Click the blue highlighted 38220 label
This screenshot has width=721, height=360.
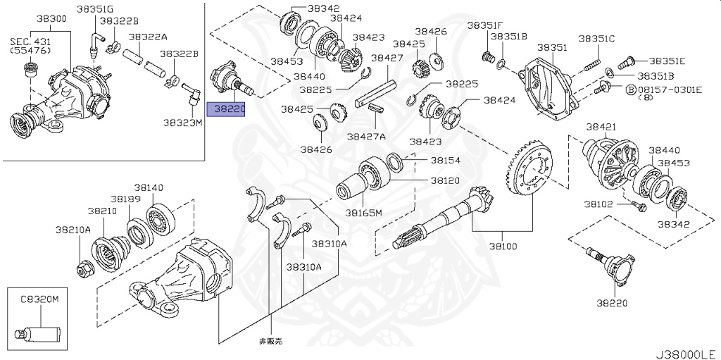(x=225, y=109)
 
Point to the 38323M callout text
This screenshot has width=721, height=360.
(x=182, y=122)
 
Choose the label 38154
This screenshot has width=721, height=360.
(x=445, y=161)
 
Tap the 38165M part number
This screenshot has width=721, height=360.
(x=363, y=212)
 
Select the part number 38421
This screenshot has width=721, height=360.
(x=601, y=127)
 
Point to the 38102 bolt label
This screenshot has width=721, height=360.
(x=597, y=205)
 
